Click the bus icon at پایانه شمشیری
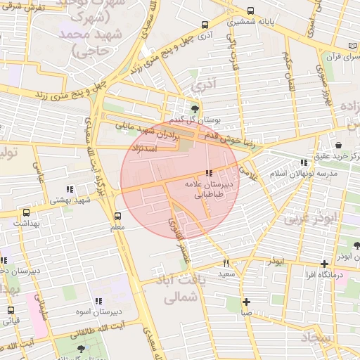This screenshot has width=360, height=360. click(x=251, y=11)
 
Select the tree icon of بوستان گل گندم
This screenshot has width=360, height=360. click(x=194, y=108)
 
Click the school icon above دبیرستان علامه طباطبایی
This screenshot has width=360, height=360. click(x=208, y=173)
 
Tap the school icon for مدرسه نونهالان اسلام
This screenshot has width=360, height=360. click(x=304, y=162)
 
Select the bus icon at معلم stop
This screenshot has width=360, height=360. click(x=117, y=217)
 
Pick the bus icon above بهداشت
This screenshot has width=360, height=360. click(x=27, y=212)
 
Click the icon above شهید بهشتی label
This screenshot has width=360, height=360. click(x=69, y=189)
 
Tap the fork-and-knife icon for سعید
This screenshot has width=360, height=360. click(x=226, y=263)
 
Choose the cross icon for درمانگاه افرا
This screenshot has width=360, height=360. click(x=323, y=264)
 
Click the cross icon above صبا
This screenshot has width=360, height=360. click(x=246, y=302)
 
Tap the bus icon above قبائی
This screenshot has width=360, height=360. click(x=11, y=310)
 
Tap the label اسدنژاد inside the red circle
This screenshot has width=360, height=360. click(x=158, y=149)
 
